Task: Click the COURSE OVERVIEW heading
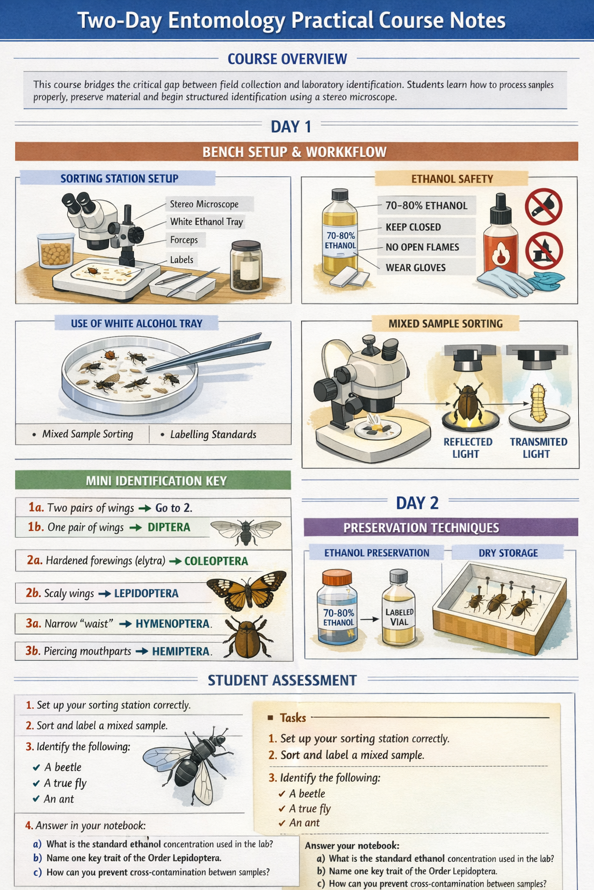click(287, 59)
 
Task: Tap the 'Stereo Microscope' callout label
click(204, 204)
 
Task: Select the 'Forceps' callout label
click(184, 239)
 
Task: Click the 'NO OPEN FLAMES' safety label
click(422, 247)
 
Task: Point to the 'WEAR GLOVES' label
click(415, 267)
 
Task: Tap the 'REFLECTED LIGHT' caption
click(468, 448)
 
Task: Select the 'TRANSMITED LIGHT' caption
click(538, 448)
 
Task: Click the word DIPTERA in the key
click(169, 527)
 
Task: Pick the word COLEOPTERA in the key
click(216, 561)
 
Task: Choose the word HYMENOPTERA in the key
click(173, 623)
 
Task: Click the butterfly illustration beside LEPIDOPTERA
click(247, 590)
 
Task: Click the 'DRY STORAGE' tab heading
click(508, 553)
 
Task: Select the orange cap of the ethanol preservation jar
click(337, 577)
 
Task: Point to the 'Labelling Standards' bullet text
click(213, 434)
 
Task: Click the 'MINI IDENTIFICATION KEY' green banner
click(153, 480)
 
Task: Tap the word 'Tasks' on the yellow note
click(293, 717)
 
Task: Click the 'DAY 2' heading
click(417, 503)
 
